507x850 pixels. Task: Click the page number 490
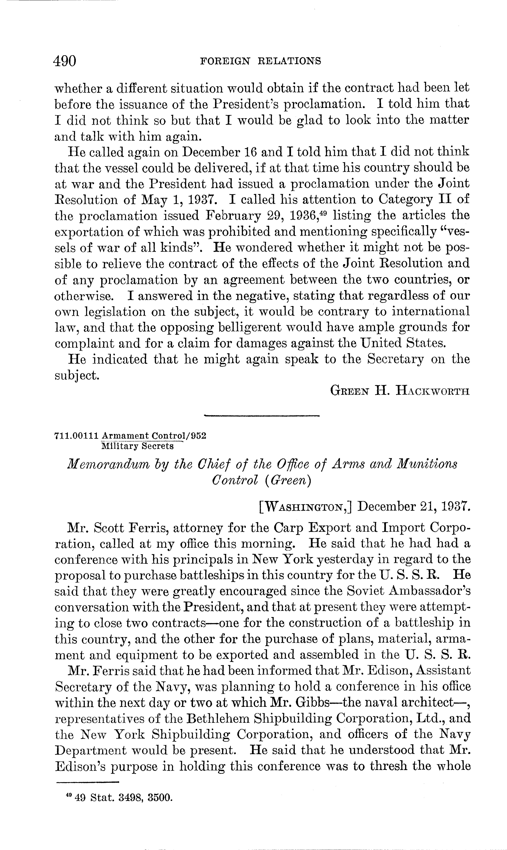click(x=65, y=61)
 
